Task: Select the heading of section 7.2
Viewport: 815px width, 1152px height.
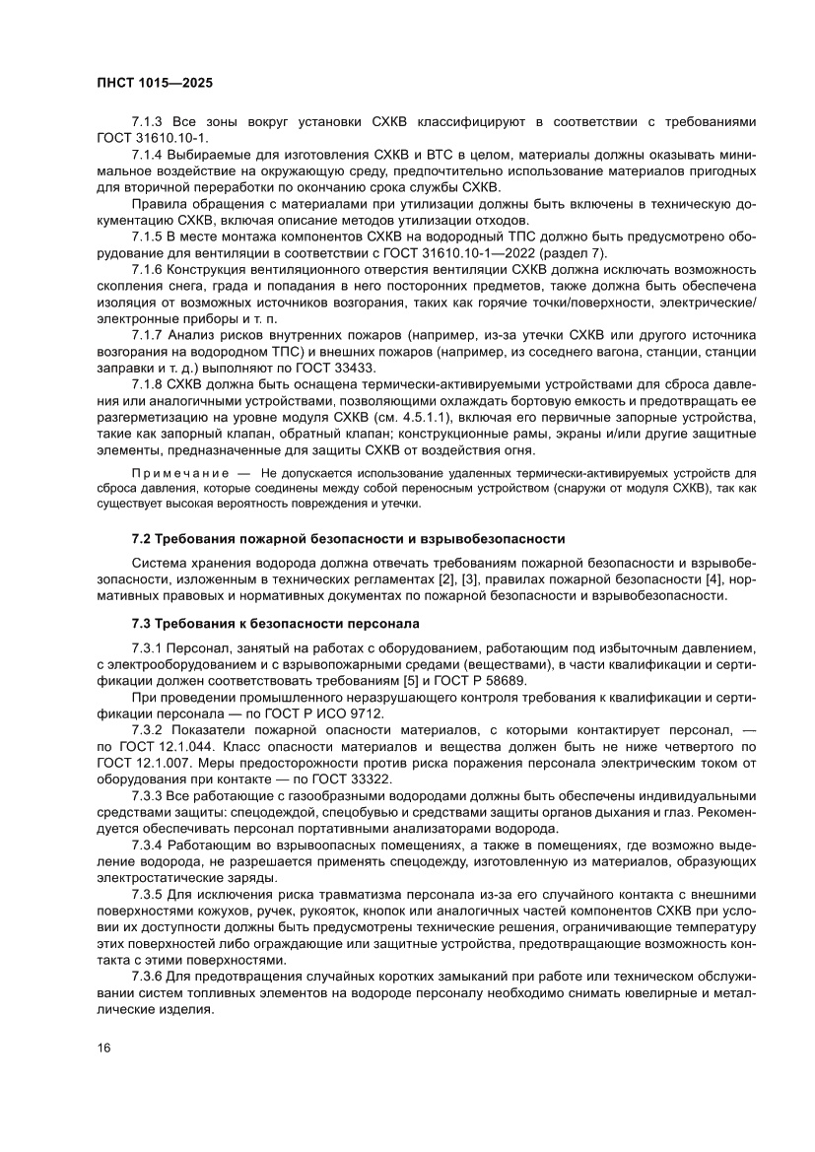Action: (x=348, y=538)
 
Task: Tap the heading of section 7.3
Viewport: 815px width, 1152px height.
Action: (x=275, y=623)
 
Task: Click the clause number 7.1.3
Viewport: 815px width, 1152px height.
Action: (x=148, y=121)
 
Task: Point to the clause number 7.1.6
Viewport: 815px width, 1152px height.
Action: (x=148, y=270)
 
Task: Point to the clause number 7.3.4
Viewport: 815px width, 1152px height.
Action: (x=148, y=846)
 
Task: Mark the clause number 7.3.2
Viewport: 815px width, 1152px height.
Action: (x=148, y=728)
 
